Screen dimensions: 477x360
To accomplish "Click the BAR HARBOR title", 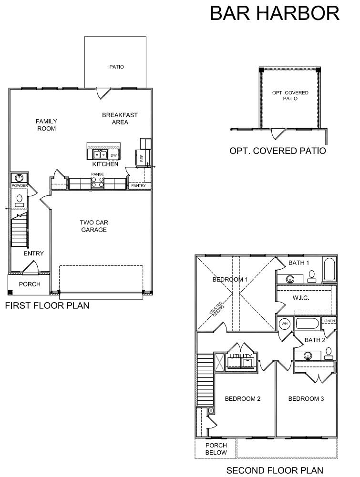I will (275, 14).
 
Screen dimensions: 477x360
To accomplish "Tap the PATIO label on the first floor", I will (116, 67).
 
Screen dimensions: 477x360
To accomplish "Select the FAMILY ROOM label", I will (46, 125).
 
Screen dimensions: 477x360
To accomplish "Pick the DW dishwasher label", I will (113, 155).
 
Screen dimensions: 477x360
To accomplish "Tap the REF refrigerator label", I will (142, 157).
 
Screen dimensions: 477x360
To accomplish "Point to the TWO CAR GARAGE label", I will (93, 226).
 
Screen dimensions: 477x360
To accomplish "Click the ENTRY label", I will (34, 254).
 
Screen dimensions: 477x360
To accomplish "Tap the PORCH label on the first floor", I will (30, 284).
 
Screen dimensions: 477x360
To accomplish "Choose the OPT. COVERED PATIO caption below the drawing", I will (278, 151).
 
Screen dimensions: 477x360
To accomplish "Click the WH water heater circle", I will (285, 324).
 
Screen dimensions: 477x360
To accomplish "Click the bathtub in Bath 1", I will (329, 270).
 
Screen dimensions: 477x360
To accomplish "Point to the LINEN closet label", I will (329, 321).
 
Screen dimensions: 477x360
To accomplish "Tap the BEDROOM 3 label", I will (306, 398).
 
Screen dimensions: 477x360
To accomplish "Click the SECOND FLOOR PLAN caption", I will (274, 470).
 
